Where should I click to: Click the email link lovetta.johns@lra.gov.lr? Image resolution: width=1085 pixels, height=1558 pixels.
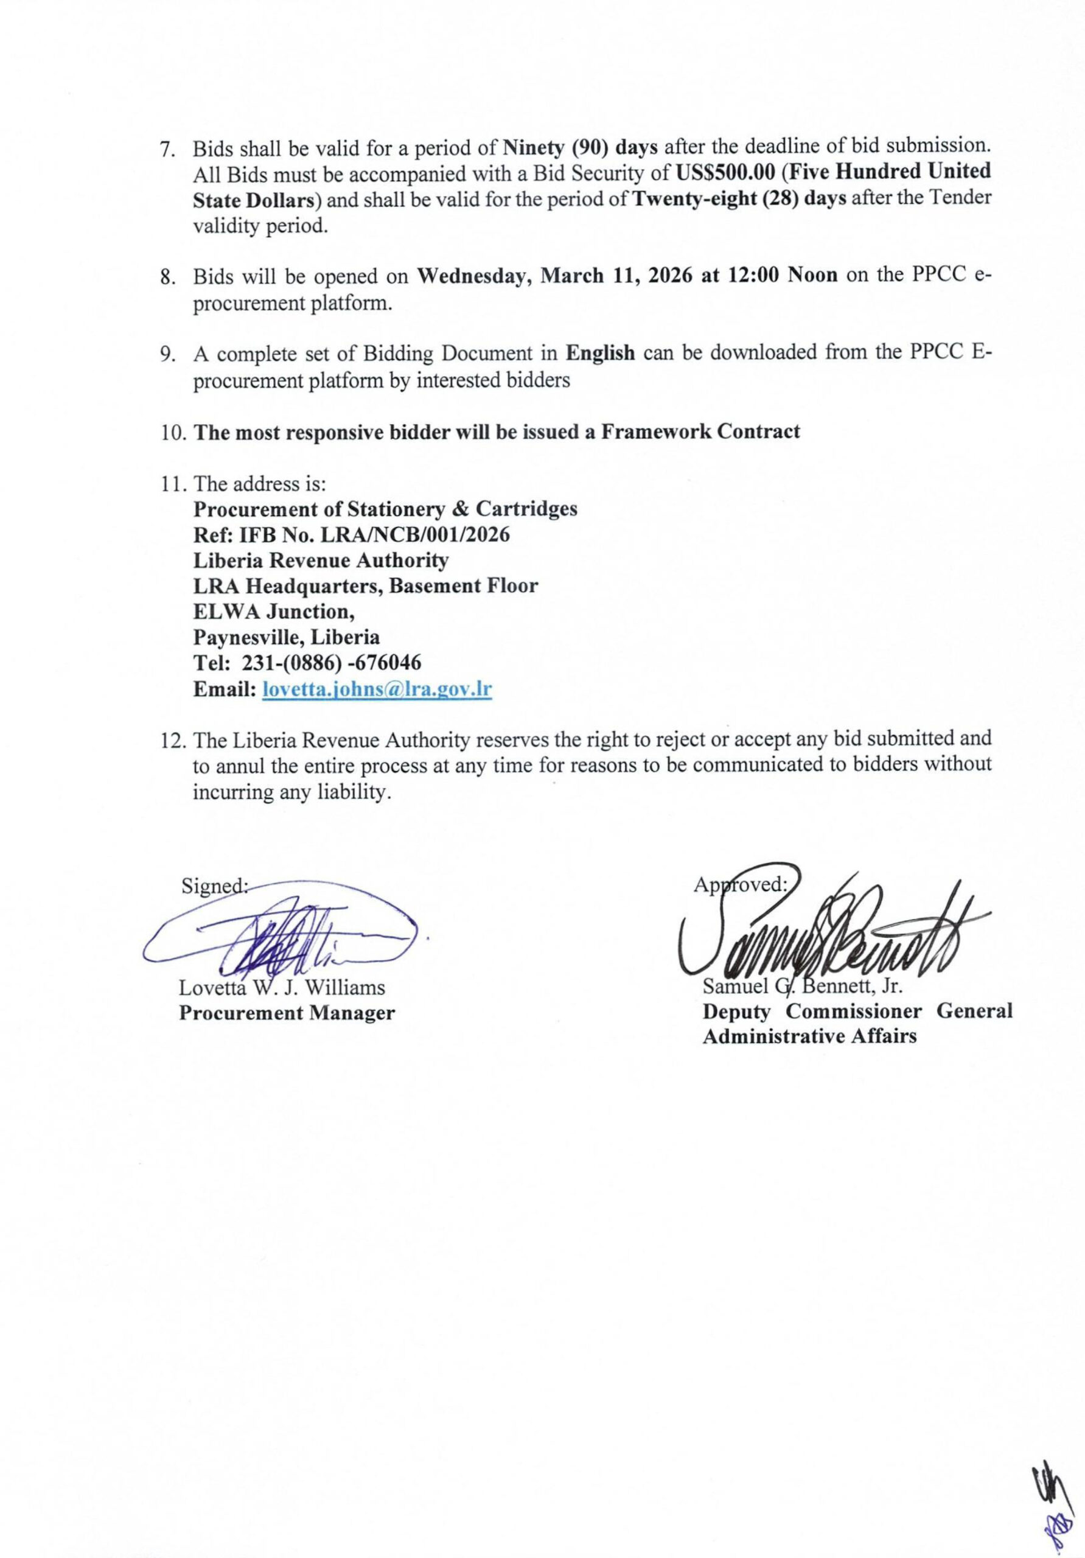coord(377,690)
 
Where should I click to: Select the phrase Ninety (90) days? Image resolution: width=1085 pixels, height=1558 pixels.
coord(580,146)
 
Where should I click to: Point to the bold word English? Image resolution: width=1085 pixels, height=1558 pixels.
coord(601,353)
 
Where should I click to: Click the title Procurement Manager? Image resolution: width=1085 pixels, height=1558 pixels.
coord(287,1013)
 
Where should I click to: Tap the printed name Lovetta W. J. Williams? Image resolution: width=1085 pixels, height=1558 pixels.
coord(282,987)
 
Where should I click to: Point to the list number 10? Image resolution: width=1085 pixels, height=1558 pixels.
coord(175,432)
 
